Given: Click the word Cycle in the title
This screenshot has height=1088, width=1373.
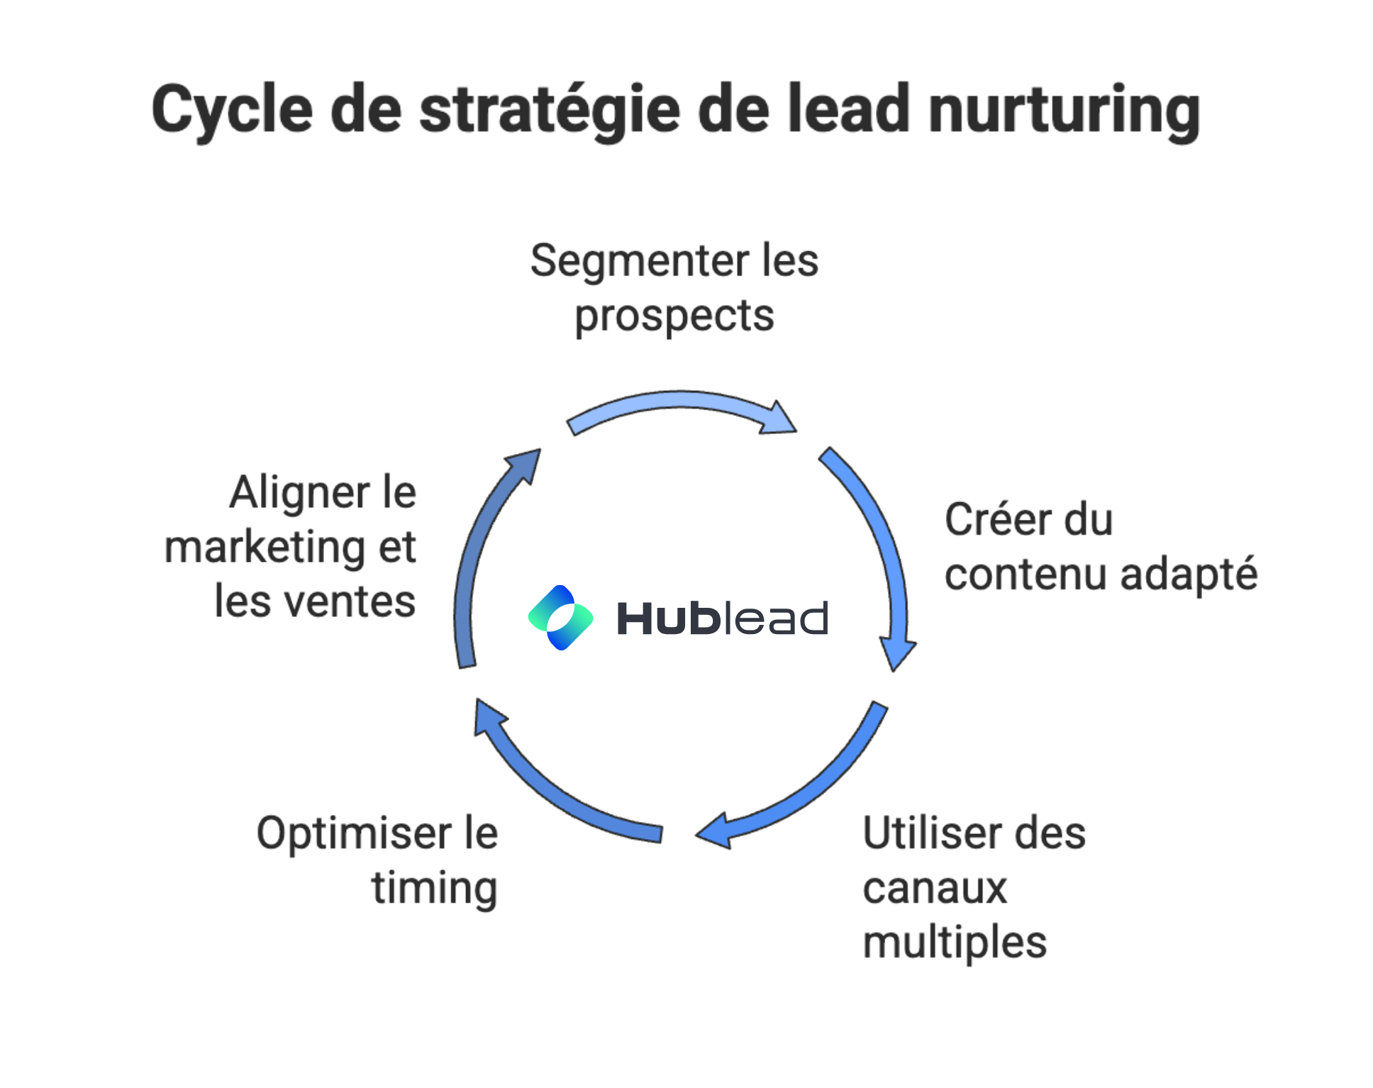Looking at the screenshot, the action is [x=232, y=111].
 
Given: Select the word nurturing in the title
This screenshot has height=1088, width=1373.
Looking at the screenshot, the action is [x=1064, y=111].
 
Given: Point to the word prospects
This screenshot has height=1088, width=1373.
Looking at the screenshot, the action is [x=674, y=316].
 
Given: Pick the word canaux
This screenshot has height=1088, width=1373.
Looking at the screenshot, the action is [x=935, y=888].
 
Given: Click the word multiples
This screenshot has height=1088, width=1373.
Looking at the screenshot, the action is [x=955, y=942].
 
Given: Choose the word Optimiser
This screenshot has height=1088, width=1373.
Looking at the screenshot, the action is [x=353, y=833].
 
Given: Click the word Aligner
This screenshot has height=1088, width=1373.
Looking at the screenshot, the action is [x=299, y=492].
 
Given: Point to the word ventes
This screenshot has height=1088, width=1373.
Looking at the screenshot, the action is [x=349, y=601].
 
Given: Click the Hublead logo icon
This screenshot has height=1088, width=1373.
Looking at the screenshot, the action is [x=560, y=617].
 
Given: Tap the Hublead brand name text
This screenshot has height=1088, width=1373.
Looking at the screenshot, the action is [x=722, y=618].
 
